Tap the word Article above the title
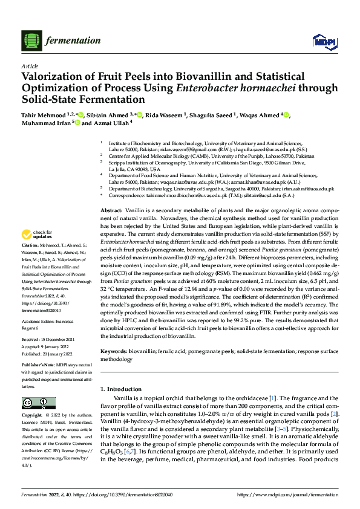coord(30,65)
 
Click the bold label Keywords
coord(116,351)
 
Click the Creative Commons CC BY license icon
coord(38,403)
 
